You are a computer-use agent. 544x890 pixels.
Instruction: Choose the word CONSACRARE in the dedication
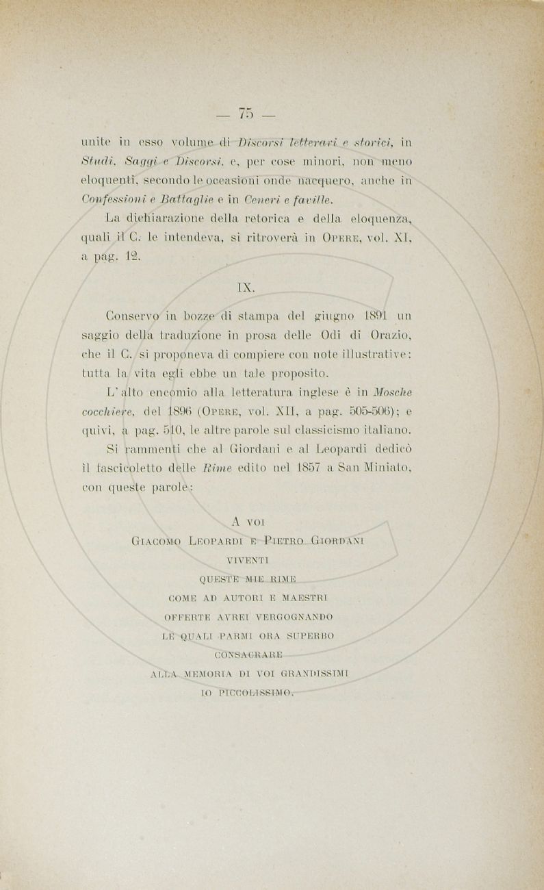point(246,654)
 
